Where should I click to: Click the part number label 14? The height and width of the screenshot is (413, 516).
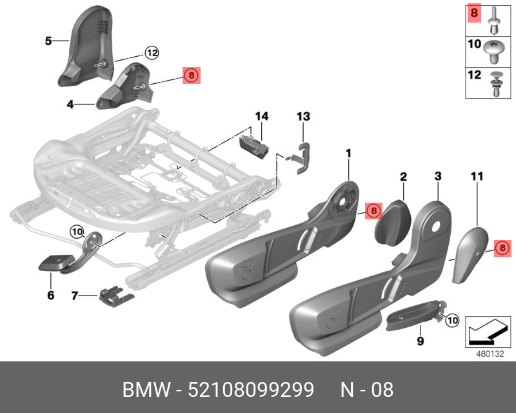pos(261,117)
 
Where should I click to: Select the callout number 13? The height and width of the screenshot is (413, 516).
pos(303,117)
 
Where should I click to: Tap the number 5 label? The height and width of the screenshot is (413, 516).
pos(48,41)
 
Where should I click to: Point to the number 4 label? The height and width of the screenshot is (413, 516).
pos(70,103)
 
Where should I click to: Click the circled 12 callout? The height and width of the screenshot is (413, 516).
pos(151,53)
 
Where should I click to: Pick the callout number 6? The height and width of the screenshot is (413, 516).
pos(50,296)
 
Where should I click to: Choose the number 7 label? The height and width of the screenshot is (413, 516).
pos(75,296)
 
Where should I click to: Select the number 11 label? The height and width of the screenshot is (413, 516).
pos(477,176)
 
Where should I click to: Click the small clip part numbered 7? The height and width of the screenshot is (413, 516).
pos(116,296)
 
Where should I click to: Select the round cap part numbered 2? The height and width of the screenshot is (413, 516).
pos(391,219)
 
